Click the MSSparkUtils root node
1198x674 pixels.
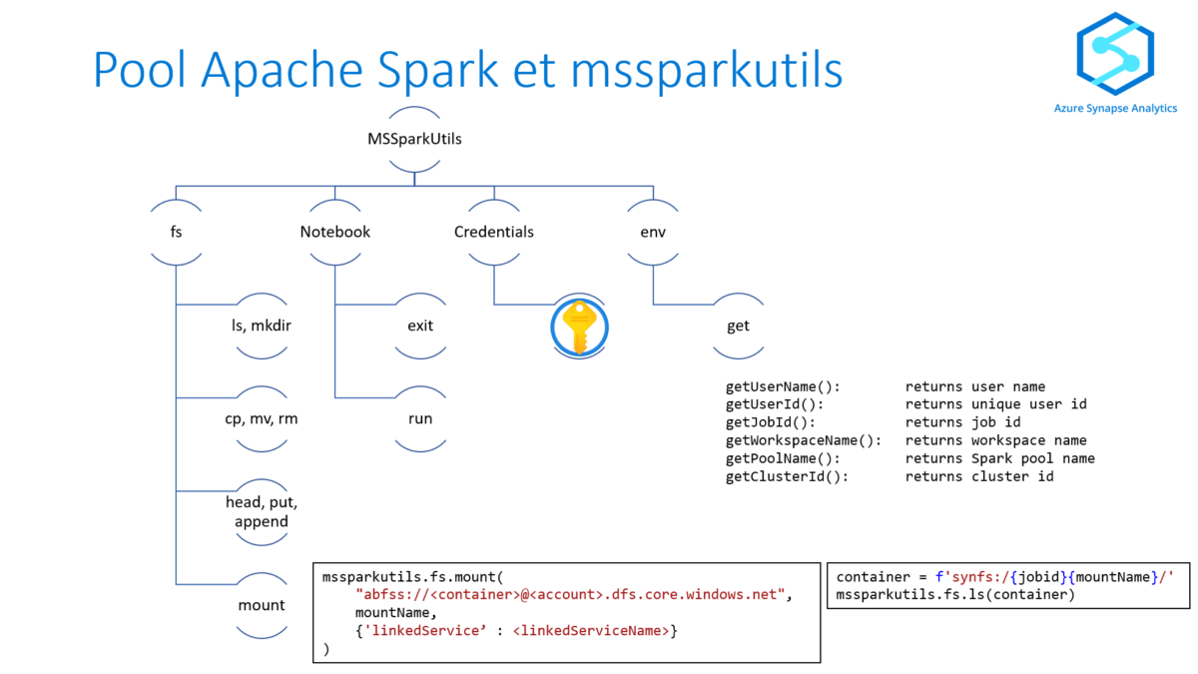pyautogui.click(x=414, y=139)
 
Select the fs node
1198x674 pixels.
pyautogui.click(x=176, y=232)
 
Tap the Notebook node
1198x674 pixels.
pyautogui.click(x=335, y=232)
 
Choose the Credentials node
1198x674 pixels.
pyautogui.click(x=494, y=232)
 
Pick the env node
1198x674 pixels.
pyautogui.click(x=653, y=232)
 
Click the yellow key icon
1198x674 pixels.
pyautogui.click(x=579, y=327)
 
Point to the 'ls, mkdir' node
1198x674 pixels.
pyautogui.click(x=262, y=326)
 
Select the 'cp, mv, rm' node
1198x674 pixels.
pyautogui.click(x=262, y=418)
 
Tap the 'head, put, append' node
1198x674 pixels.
pyautogui.click(x=262, y=511)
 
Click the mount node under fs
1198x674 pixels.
pyautogui.click(x=262, y=605)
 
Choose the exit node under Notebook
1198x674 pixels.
pyautogui.click(x=420, y=326)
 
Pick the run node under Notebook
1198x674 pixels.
pyautogui.click(x=420, y=418)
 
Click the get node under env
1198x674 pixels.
pyautogui.click(x=739, y=326)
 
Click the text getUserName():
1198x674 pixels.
pyautogui.click(x=783, y=386)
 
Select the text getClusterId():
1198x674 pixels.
pyautogui.click(x=787, y=476)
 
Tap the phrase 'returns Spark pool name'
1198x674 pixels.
pyautogui.click(x=999, y=458)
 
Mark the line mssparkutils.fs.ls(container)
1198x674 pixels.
pyautogui.click(x=955, y=595)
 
